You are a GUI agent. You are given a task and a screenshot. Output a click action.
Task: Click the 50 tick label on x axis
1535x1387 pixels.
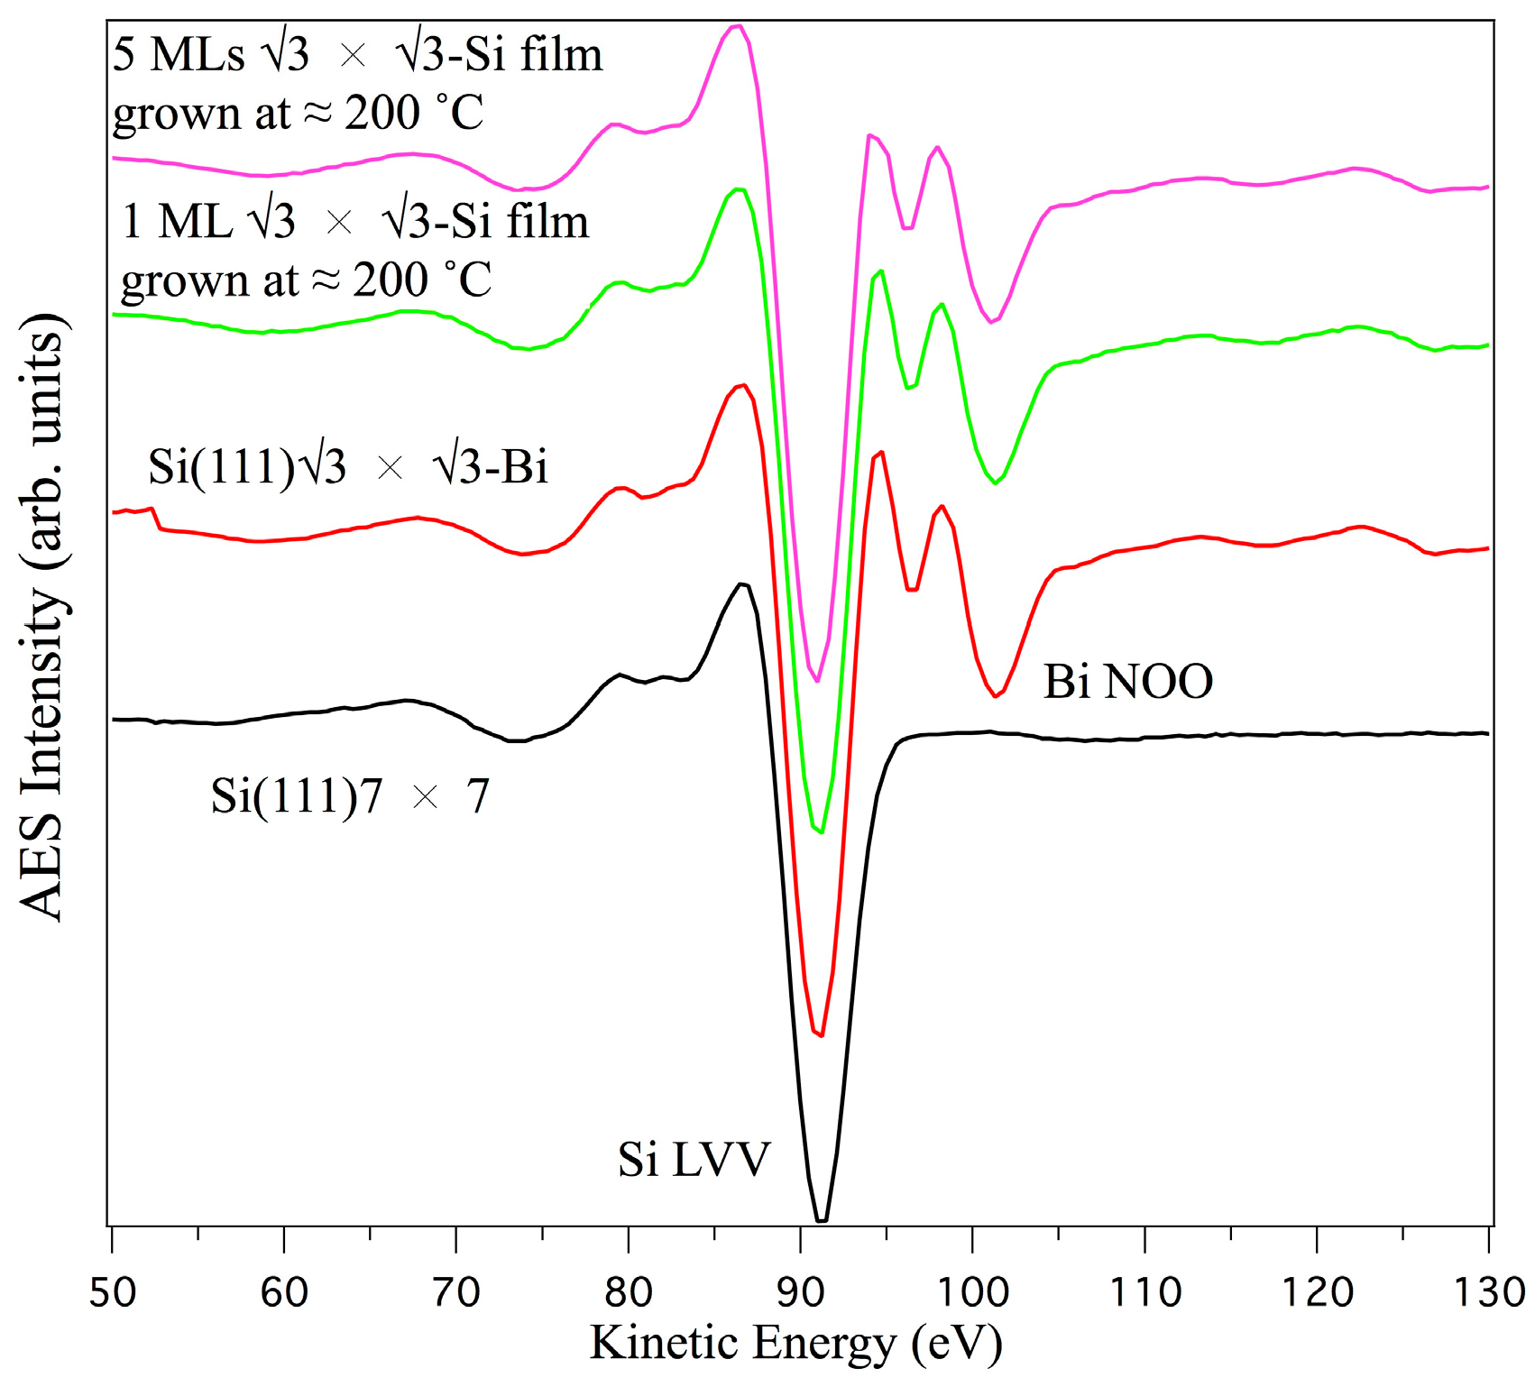pyautogui.click(x=112, y=1293)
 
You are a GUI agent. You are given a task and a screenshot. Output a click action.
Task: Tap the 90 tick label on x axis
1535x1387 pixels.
pyautogui.click(x=800, y=1293)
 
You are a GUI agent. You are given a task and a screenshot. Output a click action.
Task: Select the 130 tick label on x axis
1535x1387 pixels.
pyautogui.click(x=1489, y=1293)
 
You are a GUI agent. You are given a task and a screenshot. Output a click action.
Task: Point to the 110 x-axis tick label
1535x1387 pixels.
pyautogui.click(x=1144, y=1293)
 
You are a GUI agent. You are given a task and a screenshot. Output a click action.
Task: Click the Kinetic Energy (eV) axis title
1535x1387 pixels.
pyautogui.click(x=796, y=1343)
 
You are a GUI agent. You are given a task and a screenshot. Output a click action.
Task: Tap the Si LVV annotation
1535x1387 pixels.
pyautogui.click(x=694, y=1160)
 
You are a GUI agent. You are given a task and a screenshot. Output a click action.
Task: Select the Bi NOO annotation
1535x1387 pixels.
pyautogui.click(x=1127, y=682)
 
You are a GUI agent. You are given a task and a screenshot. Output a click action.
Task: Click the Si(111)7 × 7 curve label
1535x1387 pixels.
pyautogui.click(x=350, y=796)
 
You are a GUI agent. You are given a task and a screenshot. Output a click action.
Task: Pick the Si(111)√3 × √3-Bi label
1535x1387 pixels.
pyautogui.click(x=348, y=467)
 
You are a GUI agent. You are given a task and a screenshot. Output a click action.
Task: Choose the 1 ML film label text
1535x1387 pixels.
pyautogui.click(x=354, y=250)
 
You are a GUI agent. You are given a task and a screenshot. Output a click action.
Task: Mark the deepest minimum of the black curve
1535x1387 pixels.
pyautogui.click(x=822, y=1220)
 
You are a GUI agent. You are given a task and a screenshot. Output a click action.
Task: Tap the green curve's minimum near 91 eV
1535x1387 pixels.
pyautogui.click(x=821, y=831)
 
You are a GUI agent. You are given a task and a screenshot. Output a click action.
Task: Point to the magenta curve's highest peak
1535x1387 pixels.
pyautogui.click(x=738, y=26)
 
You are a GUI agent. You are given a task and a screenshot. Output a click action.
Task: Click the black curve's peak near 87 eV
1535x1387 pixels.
pyautogui.click(x=741, y=584)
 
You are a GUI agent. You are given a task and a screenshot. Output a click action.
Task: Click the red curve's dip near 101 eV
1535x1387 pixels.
pyautogui.click(x=996, y=695)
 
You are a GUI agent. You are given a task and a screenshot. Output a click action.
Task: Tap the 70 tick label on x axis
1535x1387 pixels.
pyautogui.click(x=456, y=1293)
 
